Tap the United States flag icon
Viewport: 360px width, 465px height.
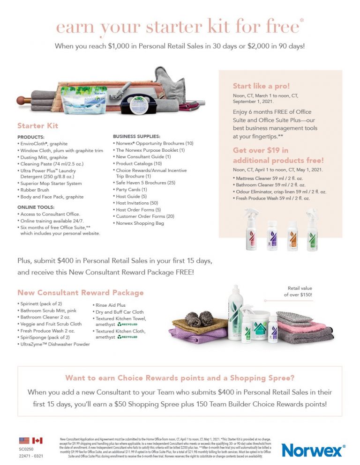[x=24, y=441]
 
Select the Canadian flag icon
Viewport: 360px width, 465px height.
[x=37, y=441]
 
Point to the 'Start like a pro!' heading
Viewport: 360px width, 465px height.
[x=262, y=86]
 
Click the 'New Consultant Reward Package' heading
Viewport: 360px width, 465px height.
[x=81, y=293]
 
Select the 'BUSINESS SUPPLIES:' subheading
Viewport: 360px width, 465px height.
[x=136, y=136]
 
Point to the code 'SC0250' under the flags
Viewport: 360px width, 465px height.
[x=26, y=449]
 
